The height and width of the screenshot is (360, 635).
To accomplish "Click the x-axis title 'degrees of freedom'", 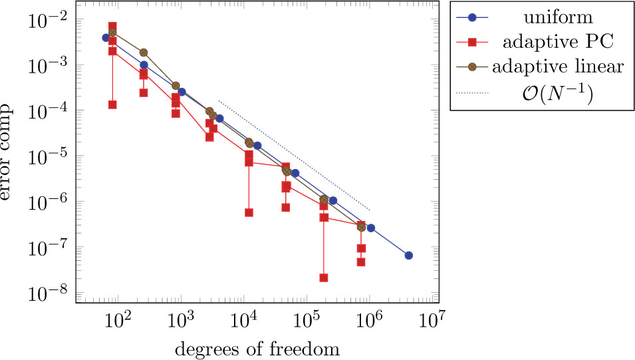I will pos(257,349).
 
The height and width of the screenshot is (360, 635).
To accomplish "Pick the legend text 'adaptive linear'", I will pos(557,67).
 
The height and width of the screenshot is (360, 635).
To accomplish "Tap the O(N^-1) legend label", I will pos(557,94).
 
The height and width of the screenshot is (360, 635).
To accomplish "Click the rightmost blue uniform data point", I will pos(409,256).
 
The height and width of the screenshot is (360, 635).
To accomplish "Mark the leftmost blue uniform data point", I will pos(106,38).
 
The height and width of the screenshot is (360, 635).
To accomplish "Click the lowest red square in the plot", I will pos(324,277).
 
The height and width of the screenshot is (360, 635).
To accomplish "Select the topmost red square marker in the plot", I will pos(112,26).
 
